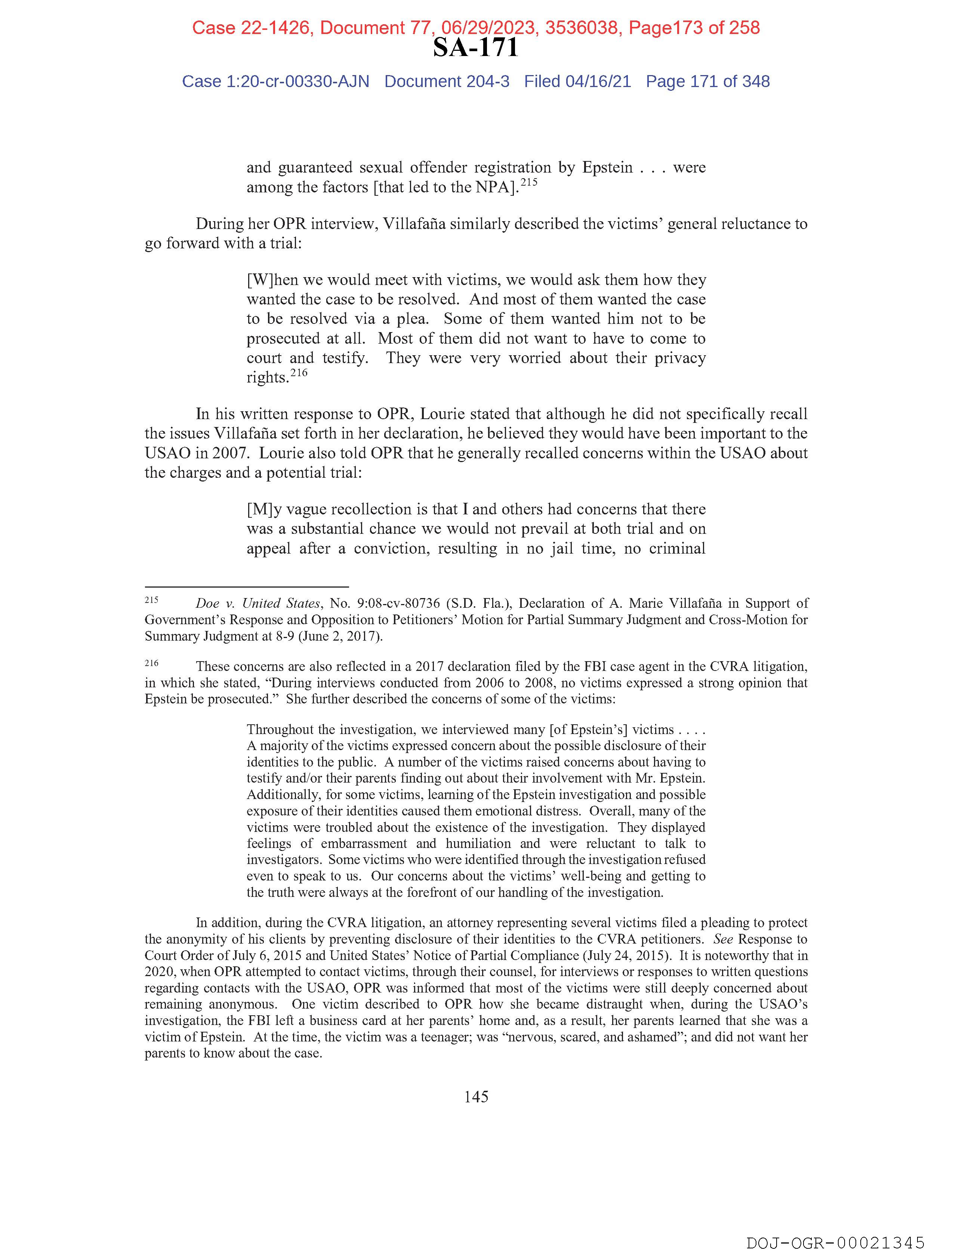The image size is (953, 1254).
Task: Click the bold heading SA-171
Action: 475,47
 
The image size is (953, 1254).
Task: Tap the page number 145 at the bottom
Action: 476,1097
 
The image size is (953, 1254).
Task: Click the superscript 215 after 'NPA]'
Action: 529,183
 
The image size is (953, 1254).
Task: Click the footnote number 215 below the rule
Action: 151,599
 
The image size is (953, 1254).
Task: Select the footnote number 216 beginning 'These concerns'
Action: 151,663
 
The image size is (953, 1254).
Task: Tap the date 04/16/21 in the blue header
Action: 598,82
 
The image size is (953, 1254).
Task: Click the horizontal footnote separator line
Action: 246,587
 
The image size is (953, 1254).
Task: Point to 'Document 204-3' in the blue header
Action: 447,82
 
